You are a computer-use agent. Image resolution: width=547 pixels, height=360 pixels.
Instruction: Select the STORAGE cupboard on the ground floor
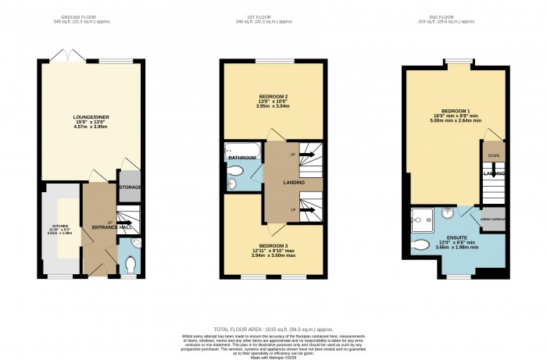coord(129,187)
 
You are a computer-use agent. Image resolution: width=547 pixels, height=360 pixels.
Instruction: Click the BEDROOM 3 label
coord(273,246)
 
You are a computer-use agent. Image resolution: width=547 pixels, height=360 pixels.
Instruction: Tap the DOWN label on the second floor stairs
coord(492,155)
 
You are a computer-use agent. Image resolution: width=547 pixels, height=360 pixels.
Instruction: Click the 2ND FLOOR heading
coord(459,17)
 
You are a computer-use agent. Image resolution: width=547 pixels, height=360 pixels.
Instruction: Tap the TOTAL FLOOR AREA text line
coord(272,330)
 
